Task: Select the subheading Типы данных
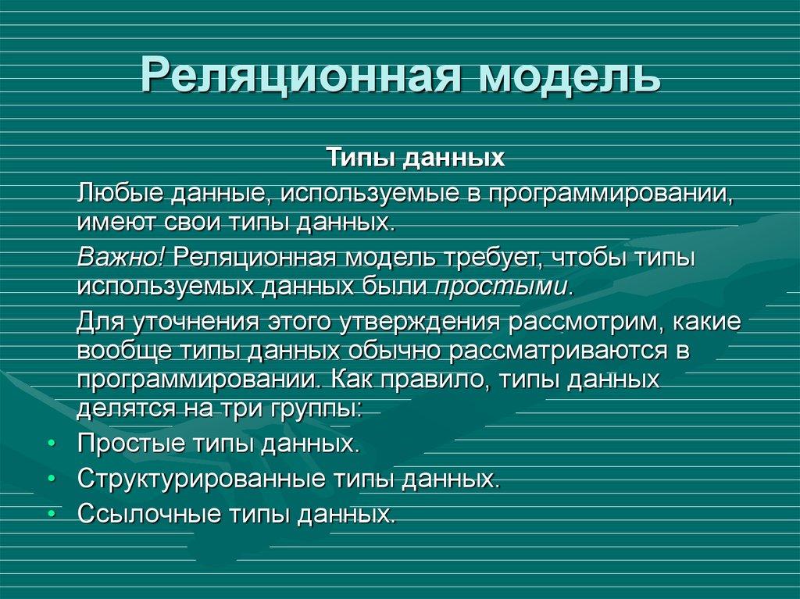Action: coord(415,159)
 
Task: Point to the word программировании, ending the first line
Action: coord(610,192)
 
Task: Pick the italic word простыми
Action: coord(501,285)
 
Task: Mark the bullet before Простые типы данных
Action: coord(51,444)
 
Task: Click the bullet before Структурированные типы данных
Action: coord(51,479)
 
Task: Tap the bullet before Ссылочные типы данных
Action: coord(51,513)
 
